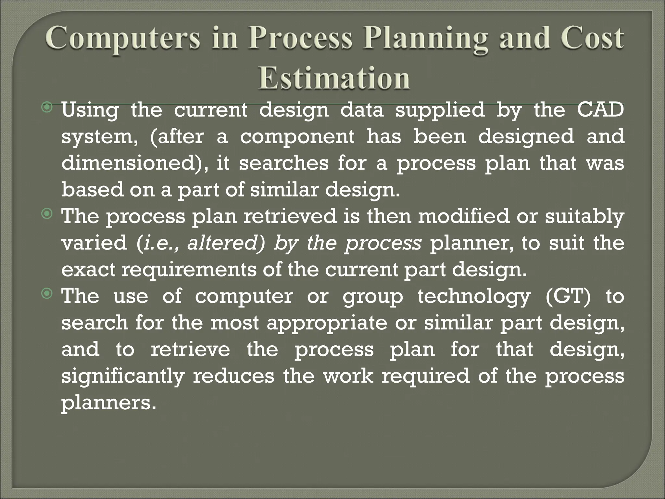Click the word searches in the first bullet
(284, 163)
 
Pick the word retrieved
(290, 216)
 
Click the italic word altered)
(226, 243)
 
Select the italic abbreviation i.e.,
(159, 243)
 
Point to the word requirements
(189, 270)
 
